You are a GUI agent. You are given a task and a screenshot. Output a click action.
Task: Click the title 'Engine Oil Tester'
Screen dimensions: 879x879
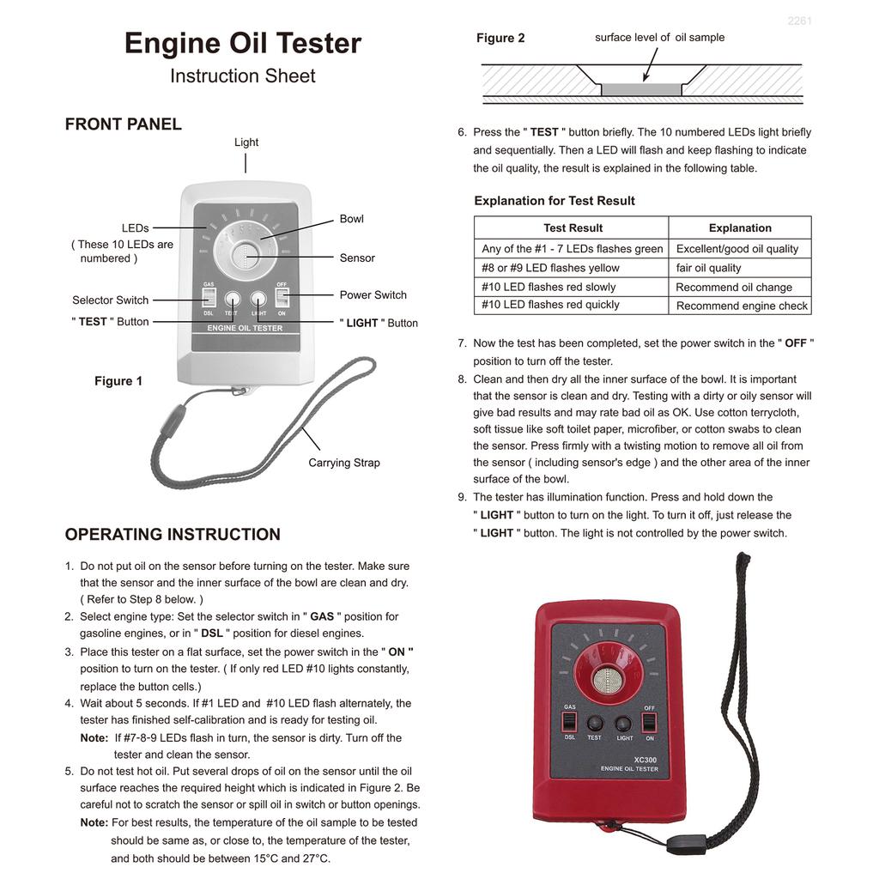point(243,44)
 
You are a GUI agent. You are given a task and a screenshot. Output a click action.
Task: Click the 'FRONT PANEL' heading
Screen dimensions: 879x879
point(124,124)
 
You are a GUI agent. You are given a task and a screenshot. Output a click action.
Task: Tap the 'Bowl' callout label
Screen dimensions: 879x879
point(352,219)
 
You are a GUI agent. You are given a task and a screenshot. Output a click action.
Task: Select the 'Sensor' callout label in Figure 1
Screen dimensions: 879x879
point(357,258)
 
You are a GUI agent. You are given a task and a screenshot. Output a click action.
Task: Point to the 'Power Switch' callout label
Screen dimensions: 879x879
point(373,295)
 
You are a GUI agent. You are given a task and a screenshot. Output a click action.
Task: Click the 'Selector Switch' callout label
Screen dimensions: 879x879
point(110,300)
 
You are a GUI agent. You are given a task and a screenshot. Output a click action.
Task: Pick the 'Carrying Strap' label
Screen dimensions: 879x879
point(344,463)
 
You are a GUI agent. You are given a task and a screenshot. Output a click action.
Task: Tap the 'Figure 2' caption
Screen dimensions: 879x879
point(500,38)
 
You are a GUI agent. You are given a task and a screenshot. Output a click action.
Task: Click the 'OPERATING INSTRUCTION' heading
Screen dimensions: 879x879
point(173,535)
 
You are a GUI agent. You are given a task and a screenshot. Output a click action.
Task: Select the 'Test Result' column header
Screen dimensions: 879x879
point(573,228)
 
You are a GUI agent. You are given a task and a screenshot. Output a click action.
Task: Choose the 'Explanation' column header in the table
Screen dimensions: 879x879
point(740,228)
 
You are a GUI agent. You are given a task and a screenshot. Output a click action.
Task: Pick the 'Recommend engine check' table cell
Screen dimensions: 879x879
point(742,306)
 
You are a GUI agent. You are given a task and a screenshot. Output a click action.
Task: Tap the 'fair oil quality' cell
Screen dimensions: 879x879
point(709,268)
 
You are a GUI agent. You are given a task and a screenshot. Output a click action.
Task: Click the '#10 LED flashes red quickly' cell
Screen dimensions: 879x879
point(550,305)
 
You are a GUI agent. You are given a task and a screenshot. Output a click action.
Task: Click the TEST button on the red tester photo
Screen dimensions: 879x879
point(594,723)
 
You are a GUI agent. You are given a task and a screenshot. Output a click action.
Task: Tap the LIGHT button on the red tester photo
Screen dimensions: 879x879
point(624,723)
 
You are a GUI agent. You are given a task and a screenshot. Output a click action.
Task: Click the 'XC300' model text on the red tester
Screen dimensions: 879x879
point(645,759)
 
